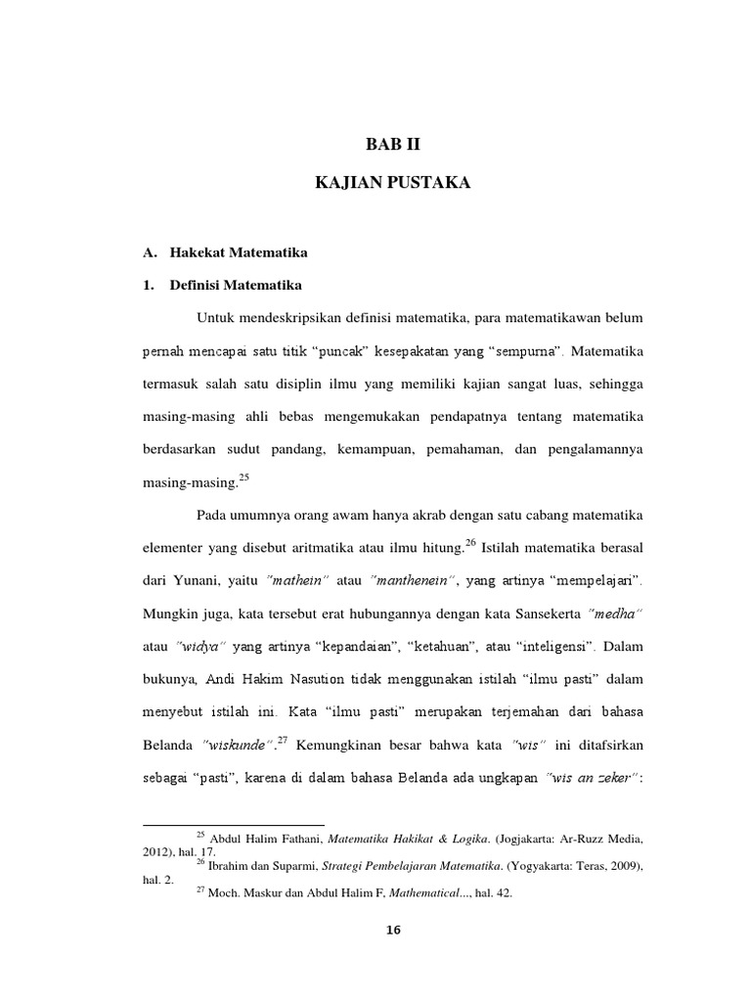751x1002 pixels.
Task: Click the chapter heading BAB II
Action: coord(398,147)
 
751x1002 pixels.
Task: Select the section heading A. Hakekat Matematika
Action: coord(225,252)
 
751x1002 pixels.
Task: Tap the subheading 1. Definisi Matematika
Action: coord(225,287)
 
